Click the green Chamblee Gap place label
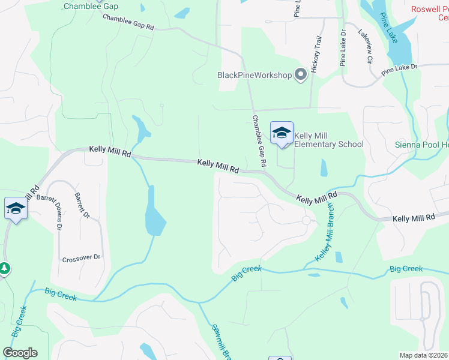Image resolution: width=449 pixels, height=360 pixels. tap(91, 7)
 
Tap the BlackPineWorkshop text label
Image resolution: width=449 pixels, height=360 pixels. tap(255, 75)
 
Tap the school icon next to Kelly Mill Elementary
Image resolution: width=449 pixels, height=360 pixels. tap(282, 133)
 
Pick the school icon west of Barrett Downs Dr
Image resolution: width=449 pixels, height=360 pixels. tap(16, 209)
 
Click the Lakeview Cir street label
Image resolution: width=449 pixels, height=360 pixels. tap(366, 47)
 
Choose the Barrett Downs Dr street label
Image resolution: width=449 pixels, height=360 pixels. tap(58, 212)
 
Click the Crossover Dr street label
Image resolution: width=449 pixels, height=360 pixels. tap(81, 258)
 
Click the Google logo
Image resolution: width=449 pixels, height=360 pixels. tap(20, 353)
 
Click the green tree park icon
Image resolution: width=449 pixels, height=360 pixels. tap(4, 268)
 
